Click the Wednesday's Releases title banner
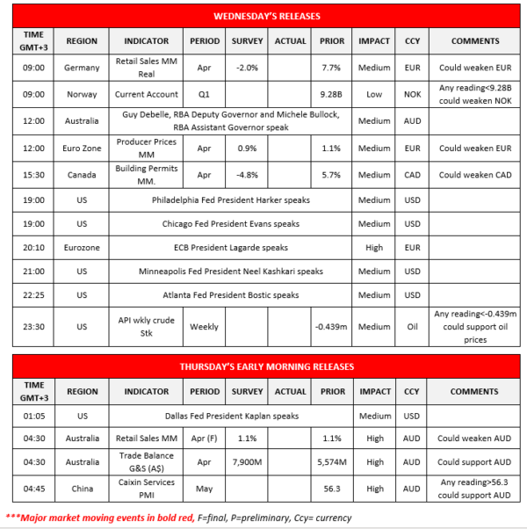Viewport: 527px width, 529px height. [x=267, y=16]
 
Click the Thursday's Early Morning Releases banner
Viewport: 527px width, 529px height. [x=267, y=366]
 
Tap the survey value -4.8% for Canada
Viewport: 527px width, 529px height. [x=247, y=175]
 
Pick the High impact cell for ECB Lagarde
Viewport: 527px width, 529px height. [x=374, y=248]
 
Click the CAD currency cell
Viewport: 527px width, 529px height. [x=412, y=175]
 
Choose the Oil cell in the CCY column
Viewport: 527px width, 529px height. [x=412, y=327]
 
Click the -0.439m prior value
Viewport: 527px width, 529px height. [x=332, y=327]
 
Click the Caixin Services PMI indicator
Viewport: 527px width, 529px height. [x=147, y=487]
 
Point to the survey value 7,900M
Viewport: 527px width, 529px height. [x=247, y=462]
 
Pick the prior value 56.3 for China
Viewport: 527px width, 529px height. [x=332, y=487]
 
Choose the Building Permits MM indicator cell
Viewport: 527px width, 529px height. [x=147, y=175]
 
